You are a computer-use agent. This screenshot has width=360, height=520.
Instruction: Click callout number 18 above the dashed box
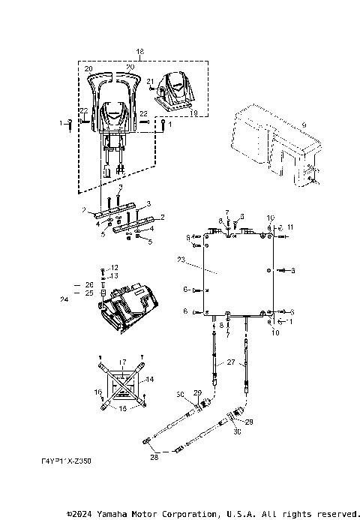139,50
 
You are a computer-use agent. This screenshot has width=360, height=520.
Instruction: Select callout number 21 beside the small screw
150,80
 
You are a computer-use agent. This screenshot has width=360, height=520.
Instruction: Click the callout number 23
181,260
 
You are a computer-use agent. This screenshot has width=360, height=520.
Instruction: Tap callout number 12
114,267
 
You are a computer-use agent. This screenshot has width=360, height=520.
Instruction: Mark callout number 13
114,275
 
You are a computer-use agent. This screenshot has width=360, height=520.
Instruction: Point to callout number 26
89,285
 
